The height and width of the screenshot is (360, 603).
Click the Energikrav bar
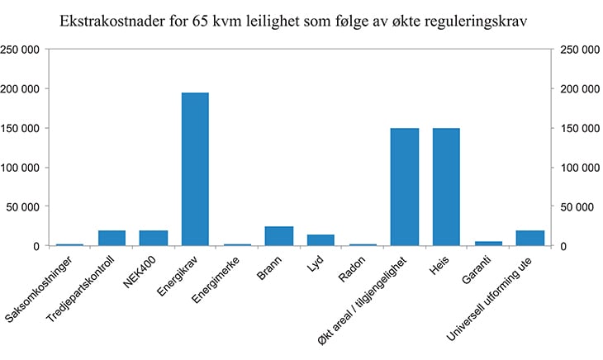pos(195,169)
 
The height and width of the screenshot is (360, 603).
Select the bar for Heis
pos(446,187)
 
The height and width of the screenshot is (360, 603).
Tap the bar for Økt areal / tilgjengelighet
pos(404,187)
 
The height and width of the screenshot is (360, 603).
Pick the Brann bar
pos(278,236)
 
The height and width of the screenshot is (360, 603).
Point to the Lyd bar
pos(320,240)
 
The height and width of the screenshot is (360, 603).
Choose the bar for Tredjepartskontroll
pos(112,238)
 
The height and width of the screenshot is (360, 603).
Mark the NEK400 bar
pos(153,238)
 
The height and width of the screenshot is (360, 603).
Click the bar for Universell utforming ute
pos(529,238)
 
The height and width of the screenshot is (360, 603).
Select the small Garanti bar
pos(488,244)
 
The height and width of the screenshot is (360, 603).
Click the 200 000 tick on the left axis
pos(22,88)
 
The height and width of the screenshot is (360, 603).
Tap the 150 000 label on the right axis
pos(578,128)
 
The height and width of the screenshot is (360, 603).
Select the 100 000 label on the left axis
pos(22,168)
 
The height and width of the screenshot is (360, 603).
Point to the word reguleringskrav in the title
pos(482,20)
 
